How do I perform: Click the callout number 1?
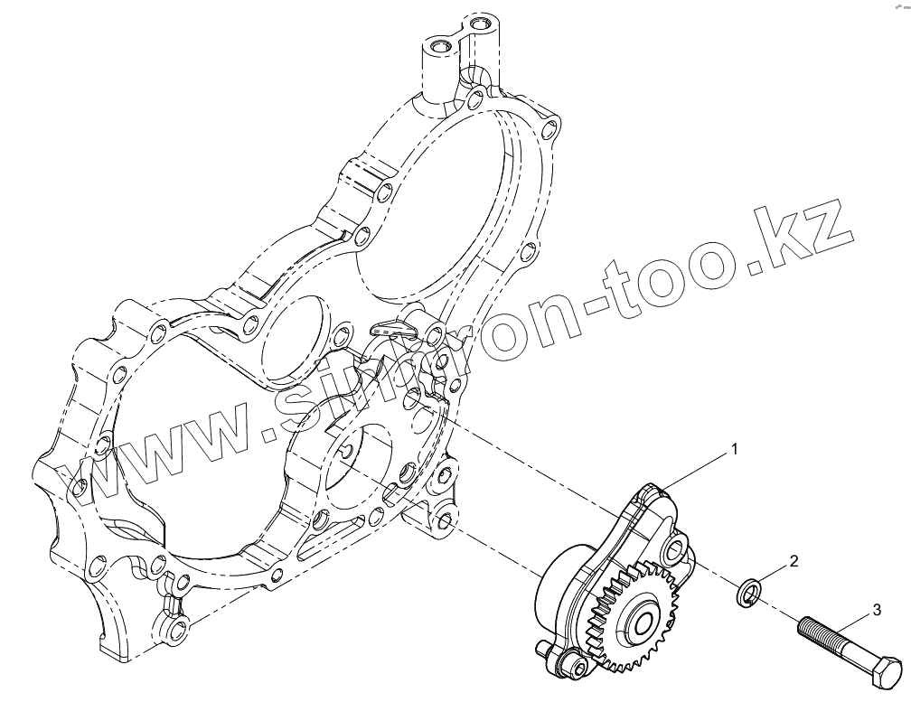736,448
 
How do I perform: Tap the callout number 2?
794,561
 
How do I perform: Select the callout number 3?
877,611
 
